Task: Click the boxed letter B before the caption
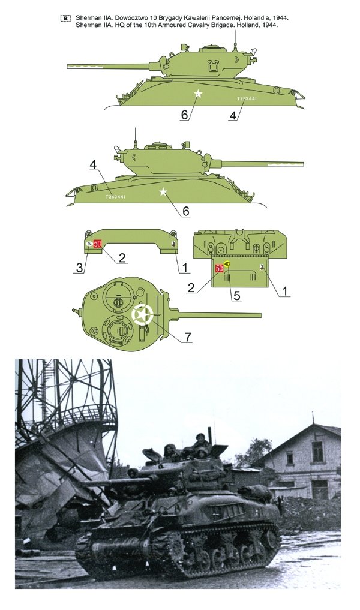pos(65,19)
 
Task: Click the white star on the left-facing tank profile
pos(199,94)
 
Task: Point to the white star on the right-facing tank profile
pos(163,192)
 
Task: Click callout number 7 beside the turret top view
pos(188,337)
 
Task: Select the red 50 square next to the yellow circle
pos(219,268)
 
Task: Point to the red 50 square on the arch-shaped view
pos(98,243)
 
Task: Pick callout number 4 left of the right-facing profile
pos(92,164)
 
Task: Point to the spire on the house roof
pos(312,417)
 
